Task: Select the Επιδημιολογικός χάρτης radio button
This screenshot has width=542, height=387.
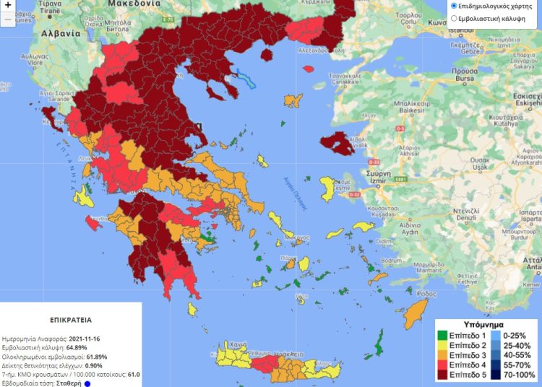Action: click(453, 6)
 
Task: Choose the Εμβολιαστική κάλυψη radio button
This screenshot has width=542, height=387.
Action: click(453, 18)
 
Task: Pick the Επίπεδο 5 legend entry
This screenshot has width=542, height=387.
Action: click(463, 375)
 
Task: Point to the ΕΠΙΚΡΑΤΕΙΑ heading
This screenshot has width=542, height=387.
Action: click(70, 318)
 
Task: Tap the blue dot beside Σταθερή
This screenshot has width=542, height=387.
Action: click(87, 384)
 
